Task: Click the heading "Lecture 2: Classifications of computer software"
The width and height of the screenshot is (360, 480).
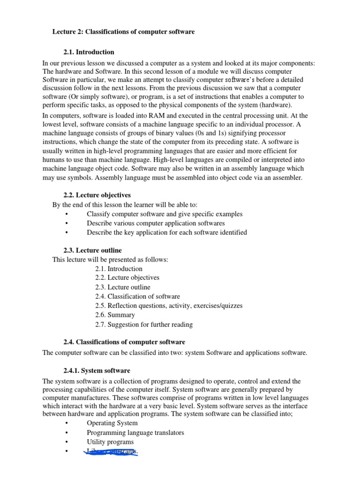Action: [123, 32]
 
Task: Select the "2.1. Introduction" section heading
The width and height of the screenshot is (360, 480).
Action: [89, 52]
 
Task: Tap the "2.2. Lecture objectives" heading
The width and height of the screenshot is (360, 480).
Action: [97, 195]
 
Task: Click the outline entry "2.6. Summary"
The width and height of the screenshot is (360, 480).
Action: [115, 315]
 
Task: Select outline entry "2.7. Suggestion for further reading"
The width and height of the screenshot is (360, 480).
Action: [144, 324]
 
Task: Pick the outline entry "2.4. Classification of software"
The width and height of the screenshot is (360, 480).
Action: [137, 296]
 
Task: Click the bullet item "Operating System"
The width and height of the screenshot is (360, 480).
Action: [112, 423]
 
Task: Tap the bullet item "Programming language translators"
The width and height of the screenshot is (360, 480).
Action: [135, 432]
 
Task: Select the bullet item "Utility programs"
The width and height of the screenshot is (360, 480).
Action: [110, 442]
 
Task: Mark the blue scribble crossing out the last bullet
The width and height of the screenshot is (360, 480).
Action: [110, 452]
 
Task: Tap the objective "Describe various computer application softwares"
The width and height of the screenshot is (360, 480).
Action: [156, 223]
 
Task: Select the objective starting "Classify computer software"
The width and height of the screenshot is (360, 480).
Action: [165, 214]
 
